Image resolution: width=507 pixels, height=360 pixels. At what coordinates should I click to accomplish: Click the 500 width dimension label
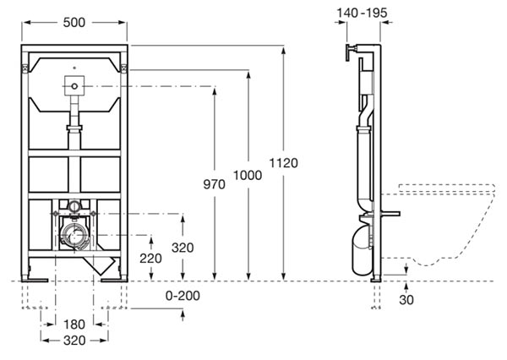click(x=74, y=22)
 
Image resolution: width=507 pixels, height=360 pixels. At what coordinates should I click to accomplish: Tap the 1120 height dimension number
click(x=284, y=163)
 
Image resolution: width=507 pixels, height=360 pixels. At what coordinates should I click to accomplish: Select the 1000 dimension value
click(x=248, y=175)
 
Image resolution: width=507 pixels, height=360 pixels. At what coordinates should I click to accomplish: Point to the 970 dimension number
click(x=214, y=184)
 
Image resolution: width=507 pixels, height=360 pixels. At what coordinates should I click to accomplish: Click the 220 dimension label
click(x=150, y=259)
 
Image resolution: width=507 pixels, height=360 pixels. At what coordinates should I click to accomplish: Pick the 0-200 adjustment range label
click(x=183, y=296)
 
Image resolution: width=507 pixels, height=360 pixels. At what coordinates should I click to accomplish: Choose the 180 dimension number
click(x=74, y=325)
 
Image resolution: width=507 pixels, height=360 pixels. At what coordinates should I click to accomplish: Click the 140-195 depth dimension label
click(x=363, y=13)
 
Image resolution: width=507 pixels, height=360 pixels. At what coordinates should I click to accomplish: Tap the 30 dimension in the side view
click(x=406, y=300)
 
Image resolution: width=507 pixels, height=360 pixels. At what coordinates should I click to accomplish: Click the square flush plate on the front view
click(x=74, y=86)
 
